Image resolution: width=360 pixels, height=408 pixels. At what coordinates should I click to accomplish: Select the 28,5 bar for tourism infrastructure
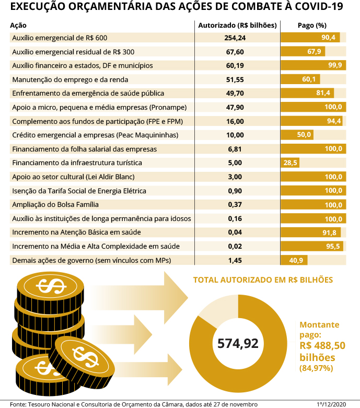pos(290,163)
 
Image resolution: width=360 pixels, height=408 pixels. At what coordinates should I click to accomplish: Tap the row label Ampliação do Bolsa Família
pos(55,204)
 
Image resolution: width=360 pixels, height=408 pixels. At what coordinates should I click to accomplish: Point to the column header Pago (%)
pos(312,25)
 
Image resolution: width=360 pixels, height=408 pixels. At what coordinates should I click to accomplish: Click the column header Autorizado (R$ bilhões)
pos(237,25)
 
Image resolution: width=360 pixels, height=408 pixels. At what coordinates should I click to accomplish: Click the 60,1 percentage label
pos(309,79)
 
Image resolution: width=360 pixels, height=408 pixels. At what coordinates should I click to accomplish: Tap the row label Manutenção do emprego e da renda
pos(69,79)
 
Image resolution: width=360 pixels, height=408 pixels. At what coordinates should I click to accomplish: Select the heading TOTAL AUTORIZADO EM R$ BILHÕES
pos(263,279)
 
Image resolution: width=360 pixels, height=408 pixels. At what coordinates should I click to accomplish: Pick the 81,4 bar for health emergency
pos(307,93)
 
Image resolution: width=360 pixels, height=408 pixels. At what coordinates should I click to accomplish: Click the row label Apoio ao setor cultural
pos(73,177)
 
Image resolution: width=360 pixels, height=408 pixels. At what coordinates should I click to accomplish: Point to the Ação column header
pos(18,25)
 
